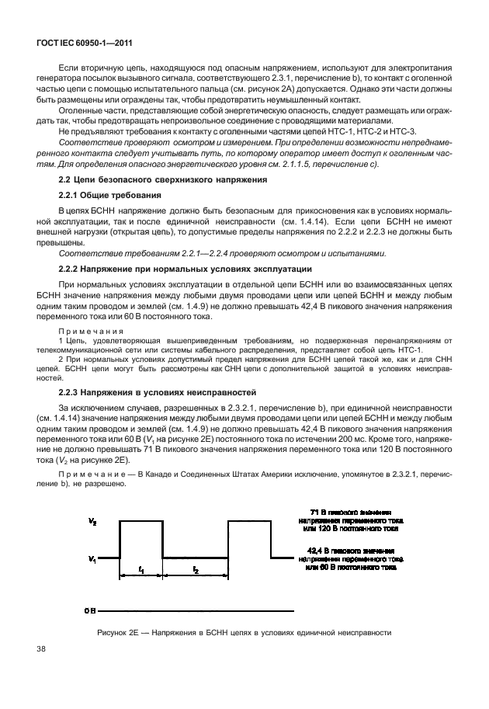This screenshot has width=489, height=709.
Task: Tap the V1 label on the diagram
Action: (x=92, y=558)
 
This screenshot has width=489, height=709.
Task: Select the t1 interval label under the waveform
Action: (x=140, y=569)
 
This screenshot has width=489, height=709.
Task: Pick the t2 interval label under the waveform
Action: (x=195, y=569)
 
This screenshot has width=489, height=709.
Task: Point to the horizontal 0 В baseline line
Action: (x=194, y=609)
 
